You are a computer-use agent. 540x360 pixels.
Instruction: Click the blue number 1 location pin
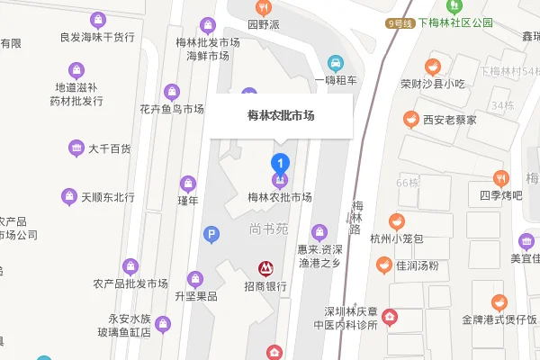coord(280,164)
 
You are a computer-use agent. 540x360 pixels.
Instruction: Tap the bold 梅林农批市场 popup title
coord(280,116)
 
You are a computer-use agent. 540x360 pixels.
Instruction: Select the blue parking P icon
coord(211,234)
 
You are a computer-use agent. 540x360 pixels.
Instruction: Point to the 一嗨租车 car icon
coord(336,63)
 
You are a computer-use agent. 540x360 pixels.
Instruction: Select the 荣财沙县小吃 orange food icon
coord(432,67)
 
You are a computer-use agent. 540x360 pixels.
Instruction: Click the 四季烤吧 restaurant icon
coord(501,177)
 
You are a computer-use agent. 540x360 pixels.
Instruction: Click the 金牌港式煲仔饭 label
coord(499,319)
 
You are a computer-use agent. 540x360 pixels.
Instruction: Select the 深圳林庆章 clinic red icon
coord(390,316)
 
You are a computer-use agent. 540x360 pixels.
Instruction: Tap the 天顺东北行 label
coord(107,197)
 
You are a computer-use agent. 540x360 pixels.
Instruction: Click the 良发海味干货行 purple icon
coord(95,18)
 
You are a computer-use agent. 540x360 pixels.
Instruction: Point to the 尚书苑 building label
coord(267,229)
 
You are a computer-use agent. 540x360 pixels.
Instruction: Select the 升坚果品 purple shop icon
coord(195,278)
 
